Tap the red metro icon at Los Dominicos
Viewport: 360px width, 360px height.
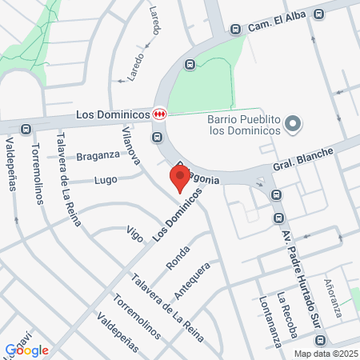(x=160, y=114)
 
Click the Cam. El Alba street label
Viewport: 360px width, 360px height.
(x=277, y=22)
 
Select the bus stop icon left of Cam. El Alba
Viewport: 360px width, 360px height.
(x=235, y=29)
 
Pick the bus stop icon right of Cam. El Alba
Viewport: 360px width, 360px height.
(x=319, y=14)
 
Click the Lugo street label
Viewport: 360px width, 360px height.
(x=106, y=179)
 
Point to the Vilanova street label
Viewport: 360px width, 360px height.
(x=131, y=144)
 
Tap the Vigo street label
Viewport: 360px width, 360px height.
(x=135, y=234)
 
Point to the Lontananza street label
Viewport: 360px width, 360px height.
(x=270, y=319)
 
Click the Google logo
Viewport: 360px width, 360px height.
(x=27, y=350)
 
